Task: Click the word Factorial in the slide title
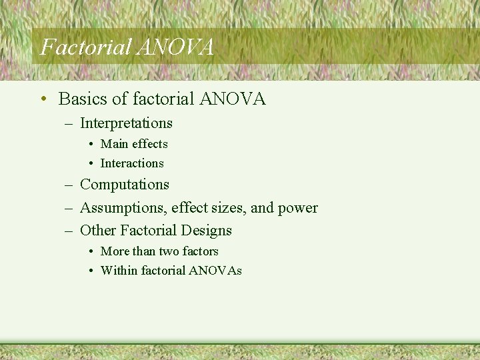(x=85, y=47)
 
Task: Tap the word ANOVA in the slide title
(x=175, y=47)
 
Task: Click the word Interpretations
(x=126, y=123)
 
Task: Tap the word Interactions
(x=131, y=163)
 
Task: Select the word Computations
(x=125, y=185)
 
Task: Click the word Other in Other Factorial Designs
(x=98, y=231)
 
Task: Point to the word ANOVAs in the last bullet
(x=215, y=271)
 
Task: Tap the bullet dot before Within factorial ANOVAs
(x=90, y=271)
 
